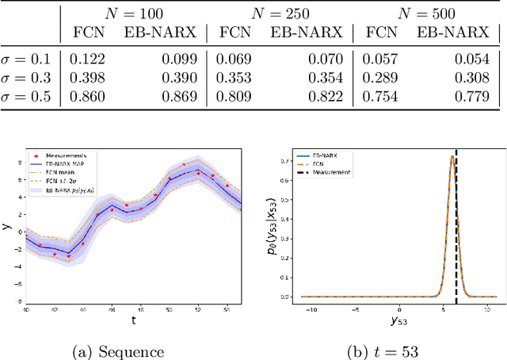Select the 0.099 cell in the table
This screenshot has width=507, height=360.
183,59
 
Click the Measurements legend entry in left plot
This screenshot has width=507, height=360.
66,156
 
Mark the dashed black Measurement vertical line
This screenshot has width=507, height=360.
456,238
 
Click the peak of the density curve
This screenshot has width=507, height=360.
452,156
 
